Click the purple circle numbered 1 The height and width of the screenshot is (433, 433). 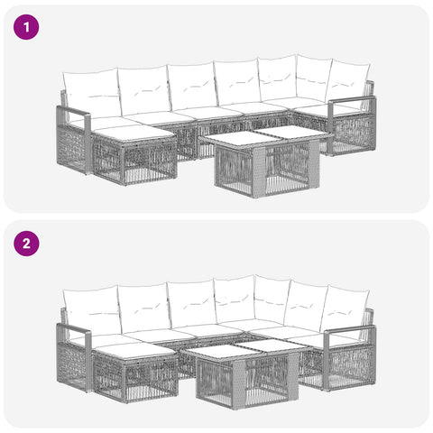point(26,27)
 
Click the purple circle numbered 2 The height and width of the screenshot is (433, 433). point(26,244)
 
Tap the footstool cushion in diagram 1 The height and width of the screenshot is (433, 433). point(134,134)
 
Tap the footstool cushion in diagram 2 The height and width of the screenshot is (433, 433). point(134,350)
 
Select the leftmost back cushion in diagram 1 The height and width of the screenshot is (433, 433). point(91,93)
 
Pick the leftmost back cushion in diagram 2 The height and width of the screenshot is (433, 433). point(91,309)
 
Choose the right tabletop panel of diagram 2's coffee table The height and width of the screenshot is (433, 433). point(273,345)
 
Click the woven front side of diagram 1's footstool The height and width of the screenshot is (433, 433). point(151,163)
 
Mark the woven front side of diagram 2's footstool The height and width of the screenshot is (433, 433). point(152,380)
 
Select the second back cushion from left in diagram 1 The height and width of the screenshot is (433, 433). point(144,90)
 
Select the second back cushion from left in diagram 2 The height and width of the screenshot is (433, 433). point(144,308)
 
